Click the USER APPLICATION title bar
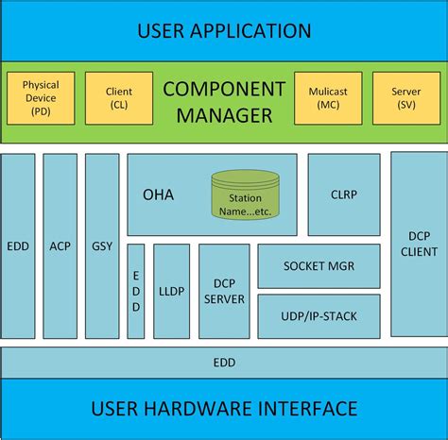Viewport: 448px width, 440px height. (x=224, y=30)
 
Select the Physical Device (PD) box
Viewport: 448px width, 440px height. (x=41, y=97)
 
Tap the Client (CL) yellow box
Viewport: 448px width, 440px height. (x=119, y=97)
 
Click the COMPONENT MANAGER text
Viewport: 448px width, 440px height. (x=224, y=102)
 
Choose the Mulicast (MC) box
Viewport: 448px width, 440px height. (x=329, y=97)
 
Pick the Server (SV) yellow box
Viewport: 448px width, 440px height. (x=406, y=97)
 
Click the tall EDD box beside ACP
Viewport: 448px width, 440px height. (x=18, y=245)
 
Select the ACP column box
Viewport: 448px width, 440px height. (x=60, y=245)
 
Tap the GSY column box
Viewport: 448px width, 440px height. (x=102, y=245)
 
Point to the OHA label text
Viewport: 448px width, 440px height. (x=158, y=195)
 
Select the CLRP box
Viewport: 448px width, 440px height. (x=344, y=195)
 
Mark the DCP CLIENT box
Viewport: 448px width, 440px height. (x=419, y=245)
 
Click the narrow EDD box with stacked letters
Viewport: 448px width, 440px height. (x=136, y=291)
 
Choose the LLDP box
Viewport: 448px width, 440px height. (x=172, y=291)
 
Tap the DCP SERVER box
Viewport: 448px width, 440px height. (x=224, y=291)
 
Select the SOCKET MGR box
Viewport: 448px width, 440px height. (x=319, y=266)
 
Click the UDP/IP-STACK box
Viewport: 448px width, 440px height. (x=319, y=315)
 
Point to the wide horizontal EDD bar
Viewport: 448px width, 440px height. (x=224, y=362)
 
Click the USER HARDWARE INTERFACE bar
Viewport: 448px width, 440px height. (x=224, y=409)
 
